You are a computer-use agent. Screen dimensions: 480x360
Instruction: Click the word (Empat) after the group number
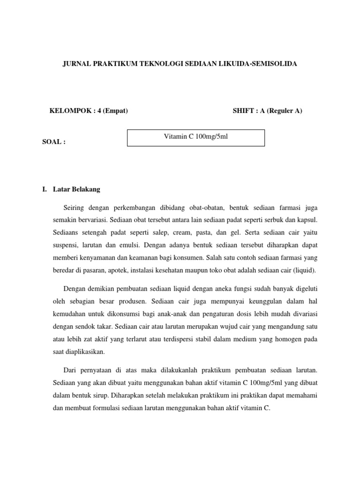click(115, 111)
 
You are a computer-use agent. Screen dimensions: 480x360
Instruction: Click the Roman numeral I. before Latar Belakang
click(45, 189)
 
